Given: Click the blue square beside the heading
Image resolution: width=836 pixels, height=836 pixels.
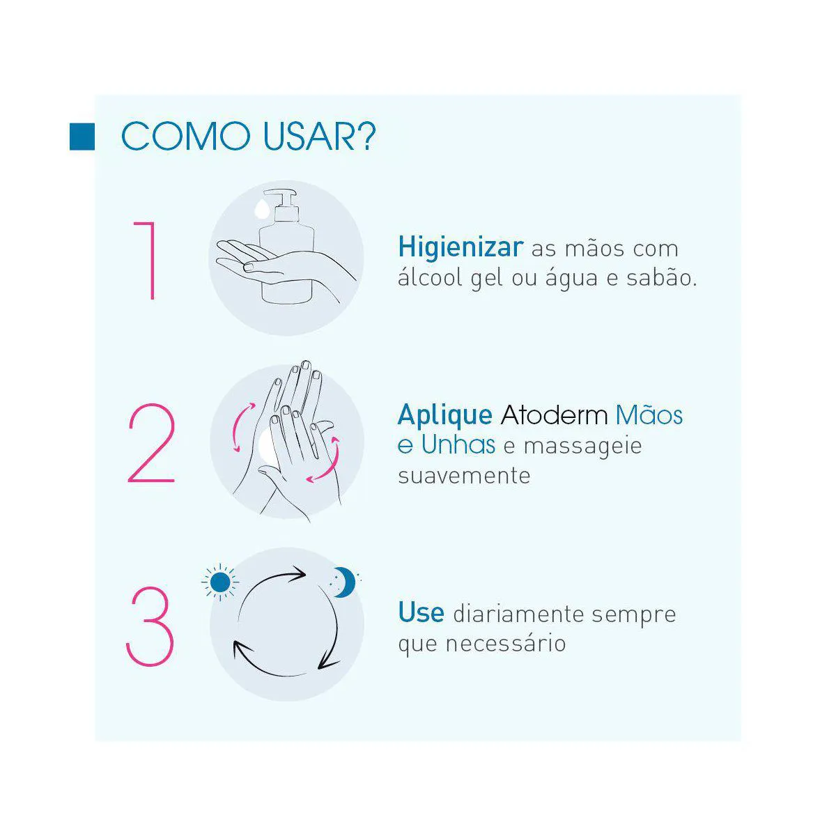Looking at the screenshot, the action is pos(82,137).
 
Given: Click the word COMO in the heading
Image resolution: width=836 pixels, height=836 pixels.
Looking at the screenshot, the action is pos(186,137).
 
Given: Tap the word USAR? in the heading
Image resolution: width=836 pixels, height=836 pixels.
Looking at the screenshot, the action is pos(319,137).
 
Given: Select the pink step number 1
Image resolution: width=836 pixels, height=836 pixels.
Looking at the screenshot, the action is pos(146,261).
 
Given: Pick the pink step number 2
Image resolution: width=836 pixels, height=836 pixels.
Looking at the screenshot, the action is pos(151,443).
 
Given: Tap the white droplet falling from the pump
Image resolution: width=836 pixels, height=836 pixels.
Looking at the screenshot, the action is pos(262,208).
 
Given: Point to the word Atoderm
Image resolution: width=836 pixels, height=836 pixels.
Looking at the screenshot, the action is pos(554,415).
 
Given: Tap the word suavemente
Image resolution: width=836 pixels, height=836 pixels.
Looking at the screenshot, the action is pos(464,476).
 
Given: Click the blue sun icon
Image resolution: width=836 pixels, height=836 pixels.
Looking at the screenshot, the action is pos(220,582).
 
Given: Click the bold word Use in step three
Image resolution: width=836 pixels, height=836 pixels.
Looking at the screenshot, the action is pos(421,612).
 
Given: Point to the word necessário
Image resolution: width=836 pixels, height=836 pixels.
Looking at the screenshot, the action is pos(506,644).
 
